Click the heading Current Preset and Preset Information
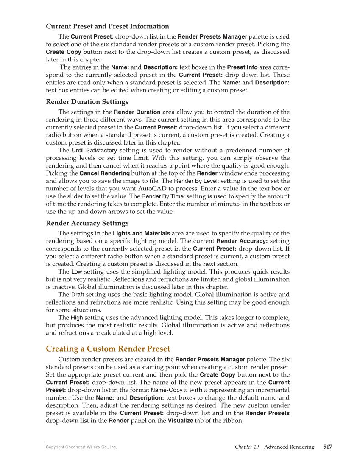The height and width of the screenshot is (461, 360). pos(107,26)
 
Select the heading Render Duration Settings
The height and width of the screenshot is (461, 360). pos(87,102)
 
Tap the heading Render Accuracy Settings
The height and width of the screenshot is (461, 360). pos(87,223)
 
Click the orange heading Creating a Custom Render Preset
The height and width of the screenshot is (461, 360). pos(108,349)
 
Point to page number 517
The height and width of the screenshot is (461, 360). pos(327,447)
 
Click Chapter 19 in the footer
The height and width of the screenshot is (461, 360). pos(247,447)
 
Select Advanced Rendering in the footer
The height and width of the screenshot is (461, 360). pos(289,447)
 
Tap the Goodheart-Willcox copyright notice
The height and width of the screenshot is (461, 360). pos(81,447)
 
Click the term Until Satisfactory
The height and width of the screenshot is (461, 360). pos(94,151)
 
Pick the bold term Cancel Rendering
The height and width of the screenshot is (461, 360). pos(105,173)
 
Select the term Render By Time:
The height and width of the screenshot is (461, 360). pos(163,196)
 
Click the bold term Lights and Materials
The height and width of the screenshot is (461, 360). pos(141,234)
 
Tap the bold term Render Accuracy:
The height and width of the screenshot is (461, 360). pos(242,241)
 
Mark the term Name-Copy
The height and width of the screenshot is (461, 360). pos(166,390)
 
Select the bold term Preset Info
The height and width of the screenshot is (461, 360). pos(242,67)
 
